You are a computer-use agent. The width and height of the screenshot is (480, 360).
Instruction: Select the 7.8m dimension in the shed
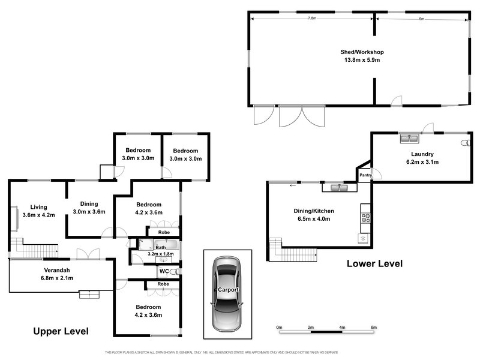coord(312,19)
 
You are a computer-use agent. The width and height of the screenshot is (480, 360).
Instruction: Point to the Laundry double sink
coord(410,139)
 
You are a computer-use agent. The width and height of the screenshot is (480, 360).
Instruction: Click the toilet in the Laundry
coord(463,144)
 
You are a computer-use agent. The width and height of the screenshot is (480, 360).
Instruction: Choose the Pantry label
coord(365,175)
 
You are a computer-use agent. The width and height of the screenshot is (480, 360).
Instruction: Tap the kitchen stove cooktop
coord(365,217)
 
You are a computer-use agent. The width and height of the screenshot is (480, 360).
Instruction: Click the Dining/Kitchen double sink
coord(335,188)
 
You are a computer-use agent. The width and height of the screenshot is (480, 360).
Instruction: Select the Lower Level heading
coord(374,263)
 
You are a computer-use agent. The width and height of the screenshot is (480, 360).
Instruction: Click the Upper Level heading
coord(61,331)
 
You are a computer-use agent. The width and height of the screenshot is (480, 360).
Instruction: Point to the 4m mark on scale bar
coord(342,327)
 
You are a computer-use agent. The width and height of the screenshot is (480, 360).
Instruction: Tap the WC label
coord(163,271)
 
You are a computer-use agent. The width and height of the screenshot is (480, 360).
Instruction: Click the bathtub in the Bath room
coord(159,245)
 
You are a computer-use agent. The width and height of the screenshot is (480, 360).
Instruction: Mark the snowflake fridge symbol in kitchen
coord(363,238)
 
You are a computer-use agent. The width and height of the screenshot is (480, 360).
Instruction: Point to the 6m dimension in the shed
coord(422,19)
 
